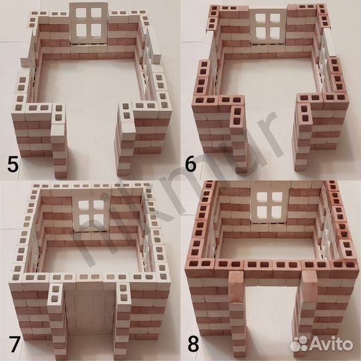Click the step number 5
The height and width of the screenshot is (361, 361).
pos(13,164)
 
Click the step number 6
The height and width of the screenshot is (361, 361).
pos(191,164)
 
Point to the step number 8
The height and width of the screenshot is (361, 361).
pos(193,344)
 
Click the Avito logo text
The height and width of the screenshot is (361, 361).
pos(331,344)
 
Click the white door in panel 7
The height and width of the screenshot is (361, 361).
pos(90,313)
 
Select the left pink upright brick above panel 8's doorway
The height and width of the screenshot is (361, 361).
pos(236,287)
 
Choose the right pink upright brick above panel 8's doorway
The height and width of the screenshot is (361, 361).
pos(310,286)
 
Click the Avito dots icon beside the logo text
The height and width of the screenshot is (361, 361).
pos(299,344)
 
